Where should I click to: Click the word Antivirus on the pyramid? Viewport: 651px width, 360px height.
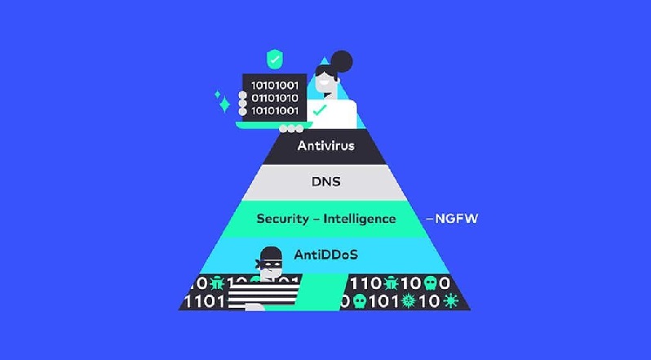(325, 147)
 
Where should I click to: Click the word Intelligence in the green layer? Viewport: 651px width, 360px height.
(359, 219)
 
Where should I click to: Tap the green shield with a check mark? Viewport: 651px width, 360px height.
(274, 60)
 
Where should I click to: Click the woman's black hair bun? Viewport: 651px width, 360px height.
(340, 61)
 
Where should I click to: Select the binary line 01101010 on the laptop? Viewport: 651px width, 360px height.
(274, 97)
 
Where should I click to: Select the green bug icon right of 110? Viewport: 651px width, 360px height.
(392, 283)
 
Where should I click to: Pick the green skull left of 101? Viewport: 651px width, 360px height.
(357, 301)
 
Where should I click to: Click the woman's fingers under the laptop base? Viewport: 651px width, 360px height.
(290, 129)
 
